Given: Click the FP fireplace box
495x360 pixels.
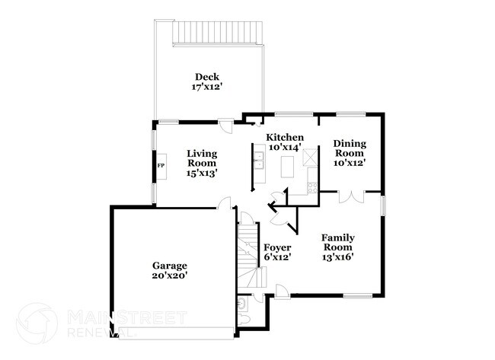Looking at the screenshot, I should (161, 165).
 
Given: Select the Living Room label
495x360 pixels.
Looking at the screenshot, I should (202, 158).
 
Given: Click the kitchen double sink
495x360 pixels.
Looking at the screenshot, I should (259, 160).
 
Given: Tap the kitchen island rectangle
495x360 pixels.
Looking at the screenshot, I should (288, 167).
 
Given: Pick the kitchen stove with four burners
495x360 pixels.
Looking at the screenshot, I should (311, 187).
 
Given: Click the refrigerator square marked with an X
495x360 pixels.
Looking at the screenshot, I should (311, 158).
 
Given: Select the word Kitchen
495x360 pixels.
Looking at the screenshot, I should (284, 137).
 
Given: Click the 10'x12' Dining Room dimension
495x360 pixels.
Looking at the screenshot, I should (350, 162).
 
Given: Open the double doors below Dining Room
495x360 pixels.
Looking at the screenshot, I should (347, 197).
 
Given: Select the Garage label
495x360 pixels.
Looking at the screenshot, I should (170, 266).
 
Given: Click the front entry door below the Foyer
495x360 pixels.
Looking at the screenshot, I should (281, 292).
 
